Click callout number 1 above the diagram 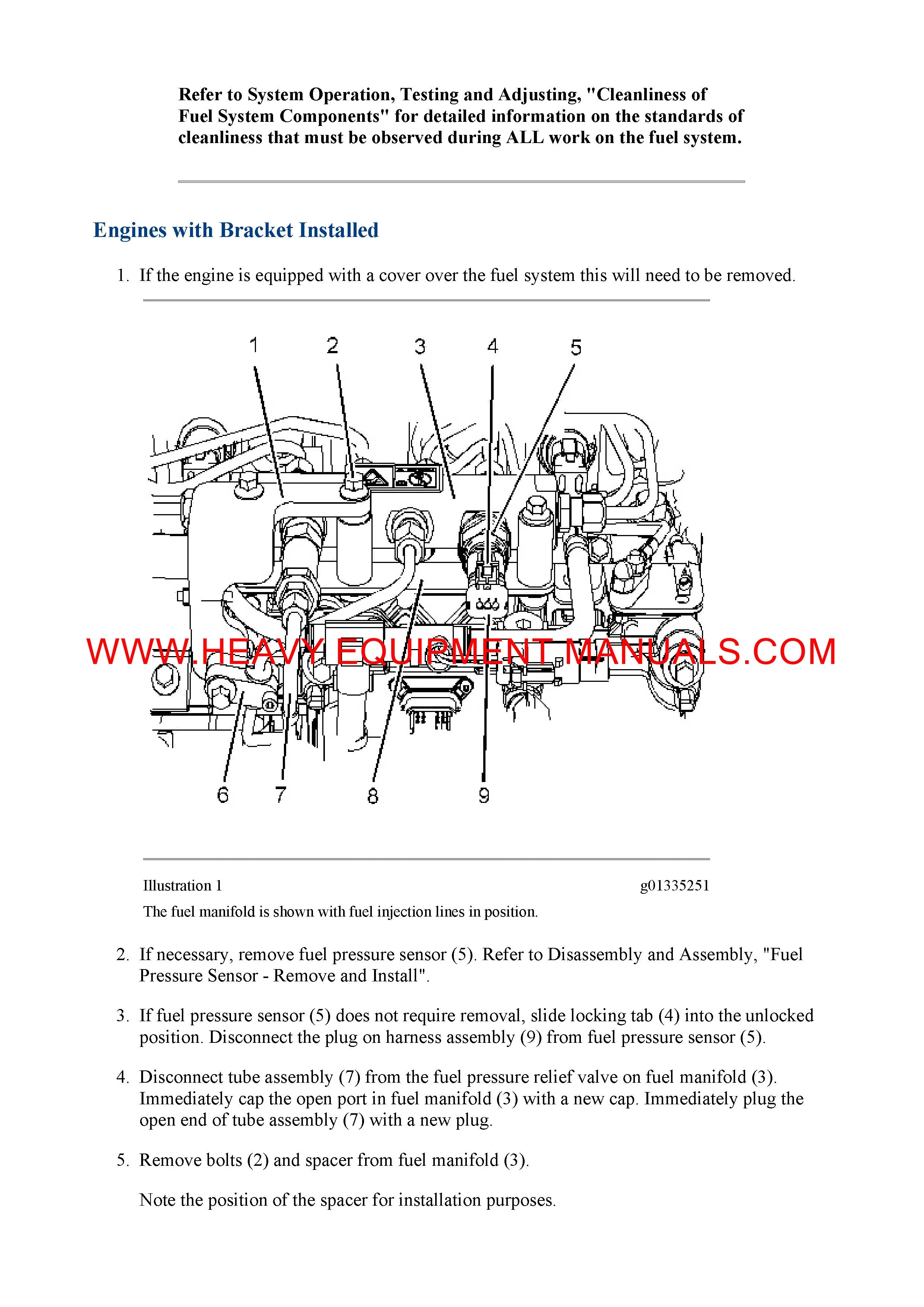[254, 345]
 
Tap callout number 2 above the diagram [332, 345]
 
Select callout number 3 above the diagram [420, 346]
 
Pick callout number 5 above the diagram [576, 347]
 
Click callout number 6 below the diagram [222, 795]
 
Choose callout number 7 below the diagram [281, 795]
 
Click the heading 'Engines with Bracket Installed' [236, 230]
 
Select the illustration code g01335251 [675, 886]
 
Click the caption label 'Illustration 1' [182, 886]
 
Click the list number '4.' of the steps [123, 1077]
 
